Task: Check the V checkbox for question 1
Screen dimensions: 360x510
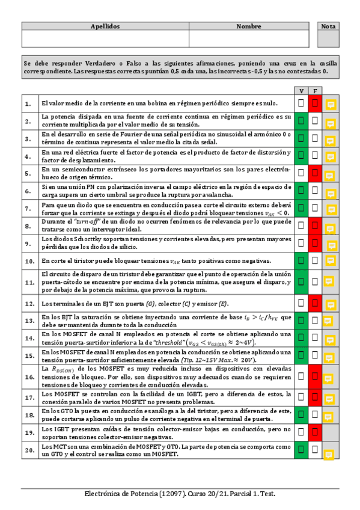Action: [x=301, y=103]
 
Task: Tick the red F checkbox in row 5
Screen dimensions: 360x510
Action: [x=314, y=173]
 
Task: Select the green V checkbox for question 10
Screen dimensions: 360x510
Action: [x=301, y=260]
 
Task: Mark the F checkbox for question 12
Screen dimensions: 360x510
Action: [x=314, y=303]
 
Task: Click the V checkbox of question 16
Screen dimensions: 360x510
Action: [x=301, y=376]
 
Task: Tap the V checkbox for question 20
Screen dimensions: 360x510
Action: [x=301, y=449]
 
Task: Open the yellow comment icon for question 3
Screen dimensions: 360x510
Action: [x=330, y=140]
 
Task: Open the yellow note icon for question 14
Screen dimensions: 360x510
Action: [x=330, y=339]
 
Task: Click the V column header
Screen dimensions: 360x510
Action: [x=301, y=90]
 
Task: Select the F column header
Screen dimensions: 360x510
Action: [x=314, y=90]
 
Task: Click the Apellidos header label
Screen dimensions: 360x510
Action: [x=105, y=26]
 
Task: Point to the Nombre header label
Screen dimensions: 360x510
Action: [x=249, y=26]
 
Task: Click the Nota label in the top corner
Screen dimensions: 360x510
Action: [x=329, y=26]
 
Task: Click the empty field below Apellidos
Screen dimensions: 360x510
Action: [x=105, y=39]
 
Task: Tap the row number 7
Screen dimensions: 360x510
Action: [x=28, y=209]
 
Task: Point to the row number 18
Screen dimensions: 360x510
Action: [x=28, y=414]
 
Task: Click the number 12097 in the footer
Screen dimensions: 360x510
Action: [x=171, y=493]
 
